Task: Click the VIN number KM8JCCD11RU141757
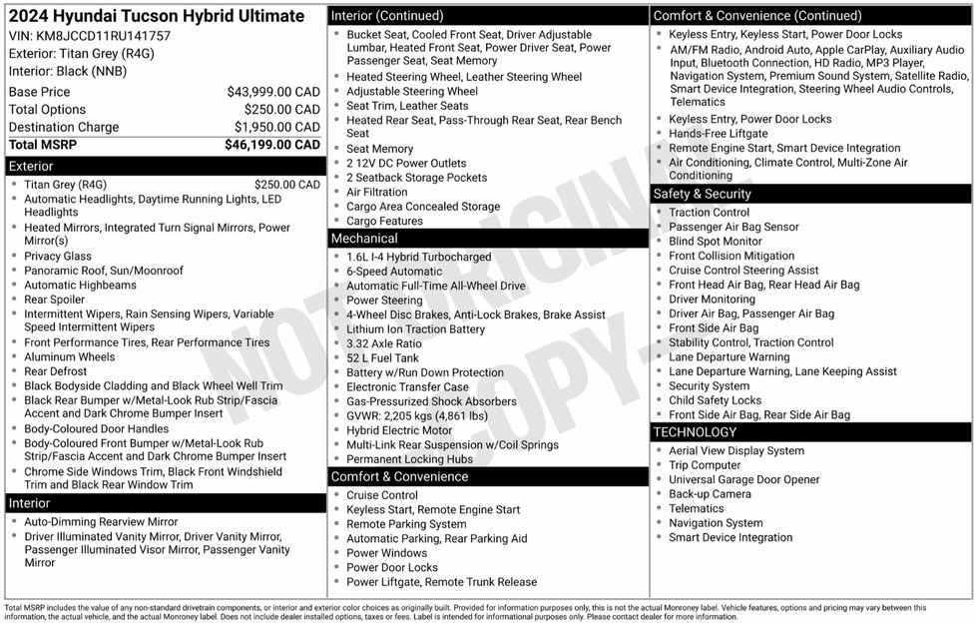90,35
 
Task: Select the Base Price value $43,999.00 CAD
272,91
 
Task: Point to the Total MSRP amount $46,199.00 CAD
272,145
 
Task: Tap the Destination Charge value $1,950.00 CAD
277,127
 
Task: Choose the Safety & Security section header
701,194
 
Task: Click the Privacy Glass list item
58,256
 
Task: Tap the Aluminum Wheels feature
70,356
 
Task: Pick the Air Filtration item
376,192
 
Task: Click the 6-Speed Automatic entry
393,271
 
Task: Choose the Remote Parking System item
406,524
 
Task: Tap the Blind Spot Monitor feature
715,241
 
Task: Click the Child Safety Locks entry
715,400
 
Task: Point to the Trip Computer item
705,465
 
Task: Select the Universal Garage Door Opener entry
743,479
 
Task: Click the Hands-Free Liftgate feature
718,133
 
